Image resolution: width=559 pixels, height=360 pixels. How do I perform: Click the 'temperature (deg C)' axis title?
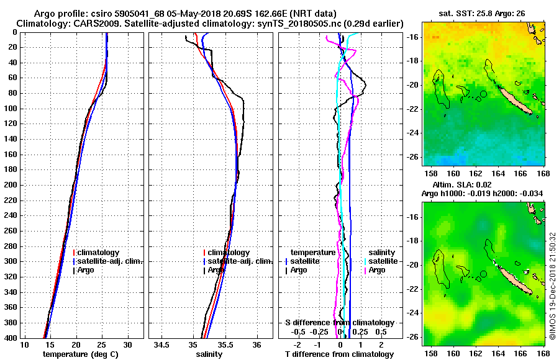tap(80, 354)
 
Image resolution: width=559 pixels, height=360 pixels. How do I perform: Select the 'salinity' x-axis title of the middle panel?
tap(210, 354)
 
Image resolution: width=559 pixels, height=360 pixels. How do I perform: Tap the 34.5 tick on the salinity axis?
tap(163, 344)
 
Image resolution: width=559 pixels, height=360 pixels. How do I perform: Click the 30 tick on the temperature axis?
tap(127, 344)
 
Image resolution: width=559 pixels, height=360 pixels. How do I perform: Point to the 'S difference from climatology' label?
tap(340, 323)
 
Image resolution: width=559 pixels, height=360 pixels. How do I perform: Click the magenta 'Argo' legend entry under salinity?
tap(377, 270)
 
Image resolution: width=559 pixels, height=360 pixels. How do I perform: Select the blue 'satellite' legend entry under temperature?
tap(306, 261)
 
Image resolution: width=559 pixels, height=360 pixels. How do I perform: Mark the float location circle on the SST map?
tap(483, 94)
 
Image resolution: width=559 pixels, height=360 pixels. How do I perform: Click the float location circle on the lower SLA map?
tap(483, 274)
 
